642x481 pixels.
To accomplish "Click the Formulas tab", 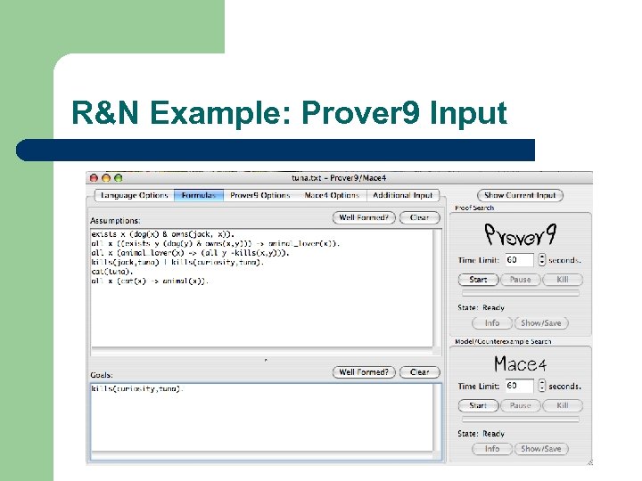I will (x=198, y=195).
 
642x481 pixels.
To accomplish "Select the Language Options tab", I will (x=134, y=195).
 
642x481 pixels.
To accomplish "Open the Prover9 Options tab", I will (x=259, y=195).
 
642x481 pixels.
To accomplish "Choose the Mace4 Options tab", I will (x=332, y=195).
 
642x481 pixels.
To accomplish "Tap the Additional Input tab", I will (x=403, y=195).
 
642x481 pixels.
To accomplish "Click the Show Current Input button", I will (x=520, y=195).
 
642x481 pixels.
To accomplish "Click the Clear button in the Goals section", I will (x=419, y=372).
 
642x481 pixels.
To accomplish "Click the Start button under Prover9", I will (x=479, y=280).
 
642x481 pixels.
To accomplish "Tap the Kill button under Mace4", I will (x=563, y=405).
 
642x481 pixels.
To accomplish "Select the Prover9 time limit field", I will (x=519, y=260).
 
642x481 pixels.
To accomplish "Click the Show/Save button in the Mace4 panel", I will (x=541, y=449).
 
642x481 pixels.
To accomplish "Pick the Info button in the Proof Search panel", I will (x=492, y=323).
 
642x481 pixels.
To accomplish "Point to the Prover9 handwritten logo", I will (x=521, y=235).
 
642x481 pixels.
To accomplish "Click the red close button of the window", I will (x=93, y=178).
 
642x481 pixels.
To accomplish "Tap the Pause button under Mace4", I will (x=521, y=405).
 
